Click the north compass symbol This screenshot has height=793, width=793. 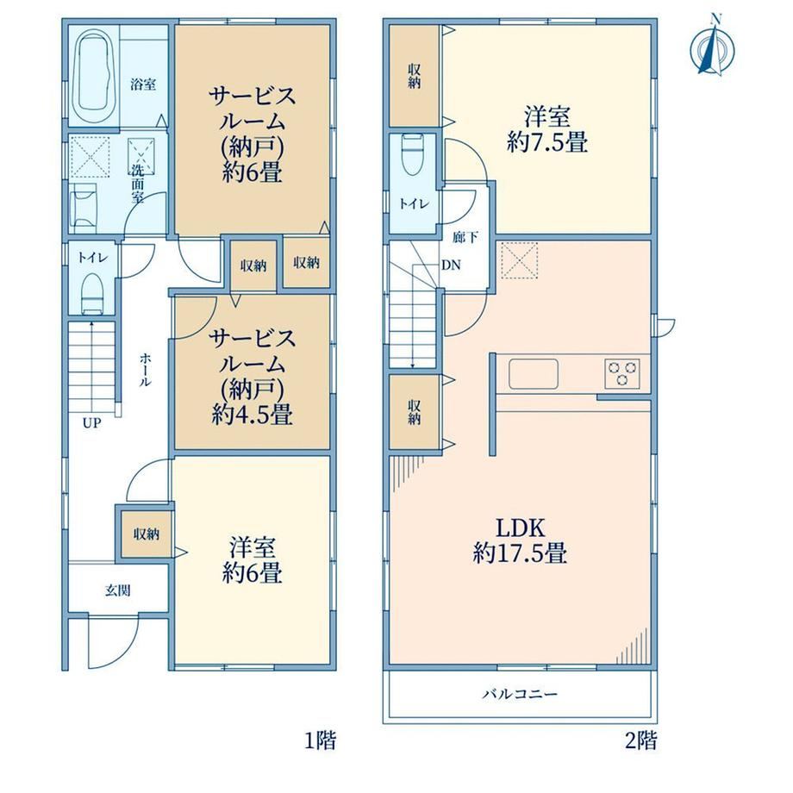[712, 48]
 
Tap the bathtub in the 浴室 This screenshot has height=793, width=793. [94, 75]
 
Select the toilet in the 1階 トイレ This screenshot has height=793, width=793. [92, 294]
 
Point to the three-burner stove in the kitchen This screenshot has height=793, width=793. [622, 373]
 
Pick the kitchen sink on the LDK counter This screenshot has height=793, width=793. [534, 374]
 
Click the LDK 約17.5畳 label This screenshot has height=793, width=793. [520, 540]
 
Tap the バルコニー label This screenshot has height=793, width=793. [520, 693]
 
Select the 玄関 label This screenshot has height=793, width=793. [118, 590]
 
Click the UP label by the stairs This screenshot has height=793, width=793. [92, 423]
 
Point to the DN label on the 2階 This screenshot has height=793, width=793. [451, 265]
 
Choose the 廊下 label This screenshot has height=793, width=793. [465, 237]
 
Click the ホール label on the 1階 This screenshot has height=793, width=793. [145, 370]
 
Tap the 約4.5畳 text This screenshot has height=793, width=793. [252, 415]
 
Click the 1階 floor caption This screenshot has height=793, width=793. [320, 741]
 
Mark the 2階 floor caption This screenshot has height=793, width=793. [641, 741]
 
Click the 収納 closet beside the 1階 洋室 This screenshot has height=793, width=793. [147, 534]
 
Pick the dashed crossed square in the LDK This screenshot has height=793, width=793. [520, 260]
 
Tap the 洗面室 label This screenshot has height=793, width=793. [138, 183]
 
